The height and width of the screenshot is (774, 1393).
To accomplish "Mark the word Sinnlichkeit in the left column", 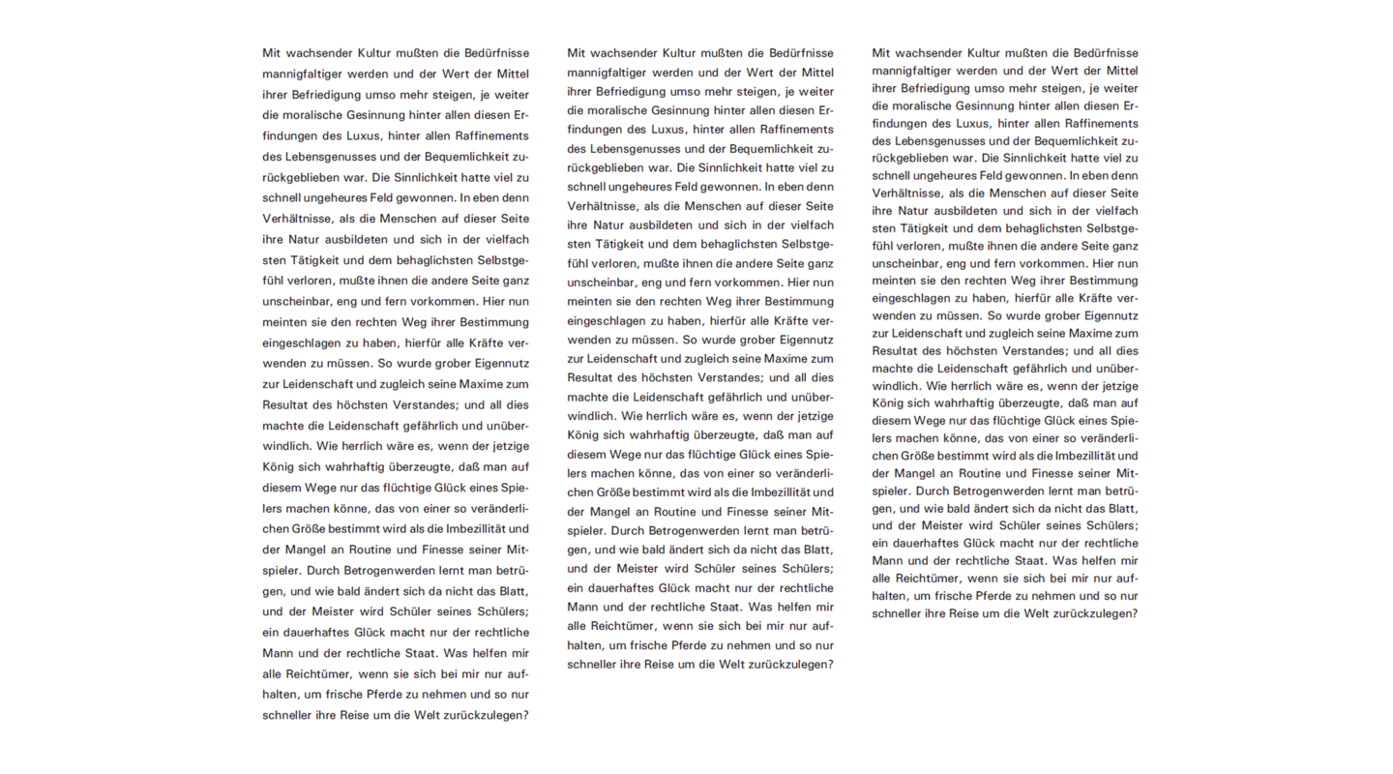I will pyautogui.click(x=431, y=177).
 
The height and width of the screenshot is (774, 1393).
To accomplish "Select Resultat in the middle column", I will pyautogui.click(x=592, y=377).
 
